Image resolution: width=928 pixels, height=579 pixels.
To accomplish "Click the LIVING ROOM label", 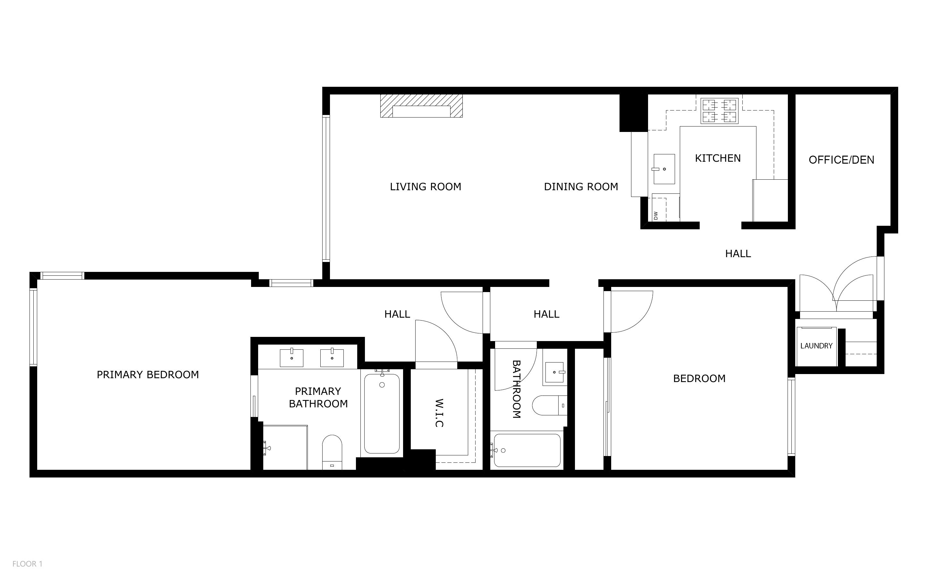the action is click(x=426, y=187).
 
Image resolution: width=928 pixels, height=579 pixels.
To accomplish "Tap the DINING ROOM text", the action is click(x=581, y=187).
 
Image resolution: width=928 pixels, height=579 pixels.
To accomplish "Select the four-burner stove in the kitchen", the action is click(x=720, y=111).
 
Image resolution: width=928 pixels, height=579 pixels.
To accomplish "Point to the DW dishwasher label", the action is click(x=656, y=216).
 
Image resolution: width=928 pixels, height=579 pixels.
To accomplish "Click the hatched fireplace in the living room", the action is click(x=421, y=106).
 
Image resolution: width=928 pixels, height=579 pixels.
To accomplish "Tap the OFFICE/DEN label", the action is click(x=841, y=160).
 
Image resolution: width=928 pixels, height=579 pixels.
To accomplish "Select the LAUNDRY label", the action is click(x=816, y=346).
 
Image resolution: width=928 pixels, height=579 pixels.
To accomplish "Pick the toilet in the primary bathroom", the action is click(x=332, y=452).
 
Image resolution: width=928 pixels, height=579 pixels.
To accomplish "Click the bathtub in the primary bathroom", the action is click(x=382, y=413).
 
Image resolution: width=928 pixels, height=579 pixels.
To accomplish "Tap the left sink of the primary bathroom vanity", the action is click(x=292, y=358).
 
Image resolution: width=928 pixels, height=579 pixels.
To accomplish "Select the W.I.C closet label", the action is click(x=439, y=413).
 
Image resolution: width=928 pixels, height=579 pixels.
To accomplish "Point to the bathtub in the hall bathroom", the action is click(x=527, y=450).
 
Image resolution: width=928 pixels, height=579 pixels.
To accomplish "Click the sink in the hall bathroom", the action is click(x=555, y=373).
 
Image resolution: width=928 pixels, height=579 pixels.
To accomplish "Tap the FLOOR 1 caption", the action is click(x=28, y=564).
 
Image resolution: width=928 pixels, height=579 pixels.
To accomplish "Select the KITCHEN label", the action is click(x=718, y=159).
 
